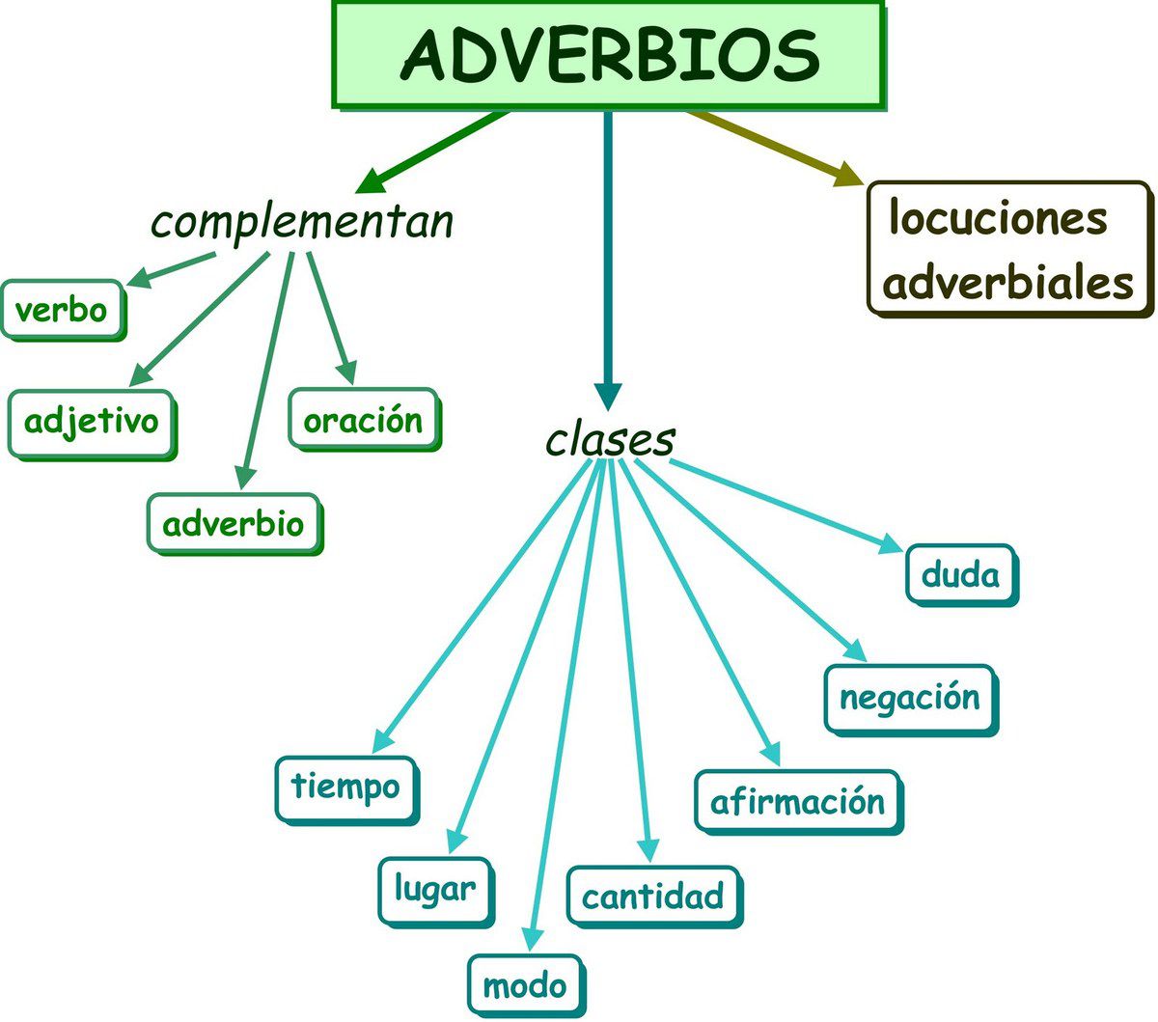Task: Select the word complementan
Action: pyautogui.click(x=302, y=221)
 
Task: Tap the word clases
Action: pyautogui.click(x=609, y=440)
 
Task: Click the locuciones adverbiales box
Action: pyautogui.click(x=1009, y=249)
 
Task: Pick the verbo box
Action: pyautogui.click(x=63, y=310)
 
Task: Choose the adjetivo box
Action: pyautogui.click(x=92, y=422)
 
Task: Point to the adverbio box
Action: pyautogui.click(x=234, y=524)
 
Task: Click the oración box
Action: pyautogui.click(x=363, y=420)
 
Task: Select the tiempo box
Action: pyautogui.click(x=345, y=787)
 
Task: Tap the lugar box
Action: pyautogui.click(x=434, y=889)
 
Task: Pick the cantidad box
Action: pyautogui.click(x=653, y=896)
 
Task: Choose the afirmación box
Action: pyautogui.click(x=797, y=801)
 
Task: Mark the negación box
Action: pyautogui.click(x=909, y=697)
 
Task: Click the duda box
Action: pyautogui.click(x=960, y=574)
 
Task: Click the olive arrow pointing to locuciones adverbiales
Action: pyautogui.click(x=772, y=146)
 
